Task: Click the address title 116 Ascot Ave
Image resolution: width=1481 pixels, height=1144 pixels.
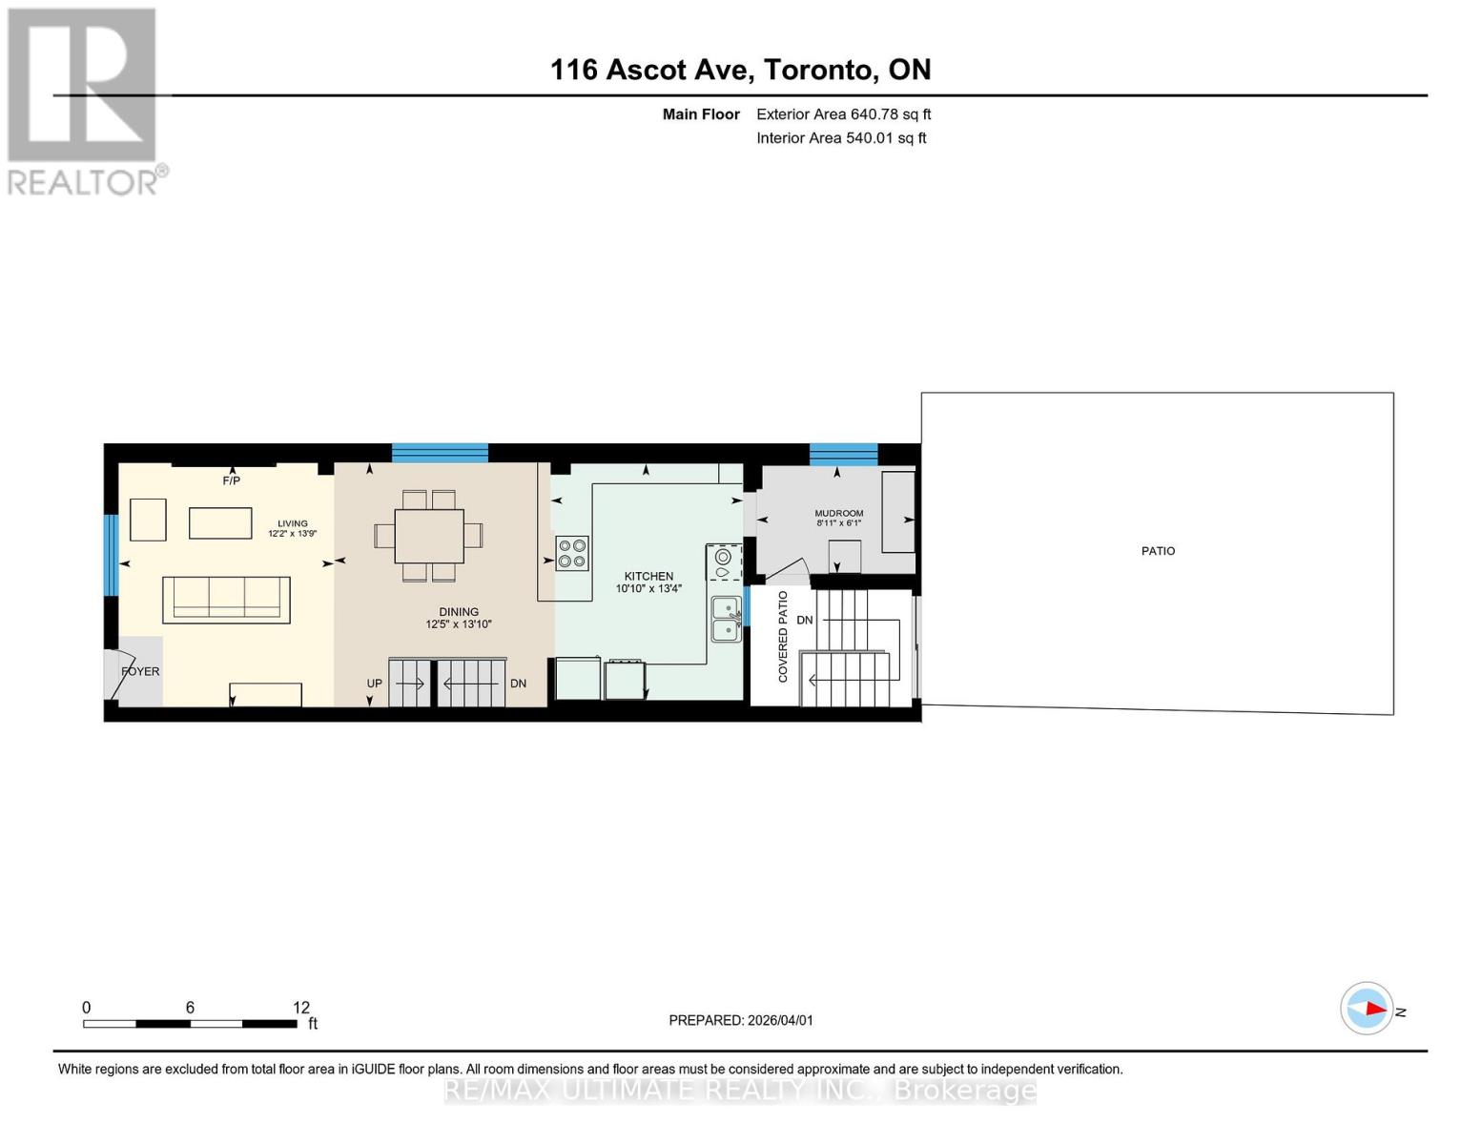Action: tap(740, 70)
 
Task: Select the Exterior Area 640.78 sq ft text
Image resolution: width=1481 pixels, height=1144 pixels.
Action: tap(843, 114)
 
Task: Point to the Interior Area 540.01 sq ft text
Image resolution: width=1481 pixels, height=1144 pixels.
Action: tap(841, 138)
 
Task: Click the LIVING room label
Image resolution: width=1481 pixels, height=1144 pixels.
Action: tap(293, 523)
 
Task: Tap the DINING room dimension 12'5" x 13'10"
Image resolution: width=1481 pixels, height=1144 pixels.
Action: tap(459, 624)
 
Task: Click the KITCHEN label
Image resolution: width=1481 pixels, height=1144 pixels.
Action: tap(648, 576)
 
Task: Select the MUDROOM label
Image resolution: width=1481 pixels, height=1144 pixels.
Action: tap(838, 513)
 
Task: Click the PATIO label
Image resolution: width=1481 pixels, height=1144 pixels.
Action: tap(1158, 551)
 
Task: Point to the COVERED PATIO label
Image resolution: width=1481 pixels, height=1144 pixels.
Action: tap(783, 636)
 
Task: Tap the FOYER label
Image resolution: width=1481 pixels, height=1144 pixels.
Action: tap(140, 671)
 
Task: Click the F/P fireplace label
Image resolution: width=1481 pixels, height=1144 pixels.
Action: tap(231, 480)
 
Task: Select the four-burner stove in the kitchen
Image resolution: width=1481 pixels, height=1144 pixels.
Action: tap(572, 554)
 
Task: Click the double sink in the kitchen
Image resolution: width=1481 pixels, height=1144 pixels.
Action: tap(727, 618)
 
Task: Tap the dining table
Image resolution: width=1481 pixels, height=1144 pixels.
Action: tap(429, 536)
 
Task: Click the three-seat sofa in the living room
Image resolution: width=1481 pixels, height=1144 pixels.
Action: tap(226, 600)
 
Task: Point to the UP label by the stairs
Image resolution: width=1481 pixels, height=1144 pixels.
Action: tap(374, 684)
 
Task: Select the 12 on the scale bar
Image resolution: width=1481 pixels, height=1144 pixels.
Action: tap(301, 1008)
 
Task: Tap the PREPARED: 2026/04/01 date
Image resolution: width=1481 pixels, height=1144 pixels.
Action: tap(741, 1020)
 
